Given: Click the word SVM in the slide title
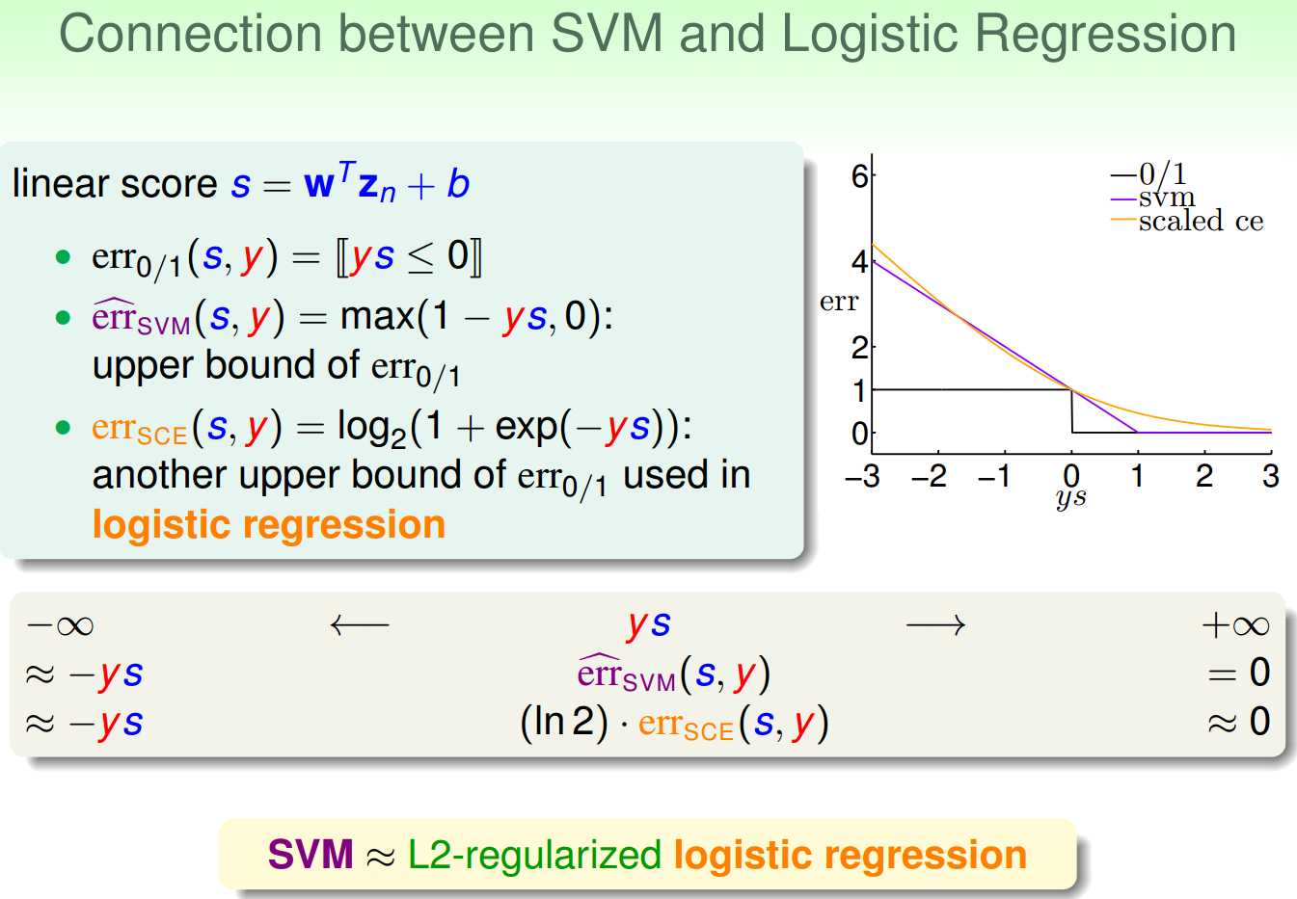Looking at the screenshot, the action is (607, 34).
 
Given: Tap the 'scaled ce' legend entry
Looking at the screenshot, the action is (1201, 221).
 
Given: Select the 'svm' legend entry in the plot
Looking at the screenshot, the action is (1166, 198).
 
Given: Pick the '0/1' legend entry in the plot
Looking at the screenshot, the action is (1162, 174).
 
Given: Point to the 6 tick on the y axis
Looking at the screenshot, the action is (859, 175).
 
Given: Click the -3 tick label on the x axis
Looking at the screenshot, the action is (862, 476).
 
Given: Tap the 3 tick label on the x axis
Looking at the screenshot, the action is (1270, 476).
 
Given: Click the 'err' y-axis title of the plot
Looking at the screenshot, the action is (838, 302).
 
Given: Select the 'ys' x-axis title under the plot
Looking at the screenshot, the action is (1070, 498).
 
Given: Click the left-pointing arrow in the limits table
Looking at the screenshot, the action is (360, 625).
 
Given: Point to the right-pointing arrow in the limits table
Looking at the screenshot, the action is (935, 625).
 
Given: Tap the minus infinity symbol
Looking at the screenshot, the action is (60, 626).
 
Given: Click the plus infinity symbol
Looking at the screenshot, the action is (1235, 625).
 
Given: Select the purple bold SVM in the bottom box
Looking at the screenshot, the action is (311, 855).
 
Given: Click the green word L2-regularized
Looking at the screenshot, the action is (534, 857).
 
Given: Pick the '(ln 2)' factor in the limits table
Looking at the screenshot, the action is (564, 722).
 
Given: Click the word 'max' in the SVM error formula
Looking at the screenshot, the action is (377, 318).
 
